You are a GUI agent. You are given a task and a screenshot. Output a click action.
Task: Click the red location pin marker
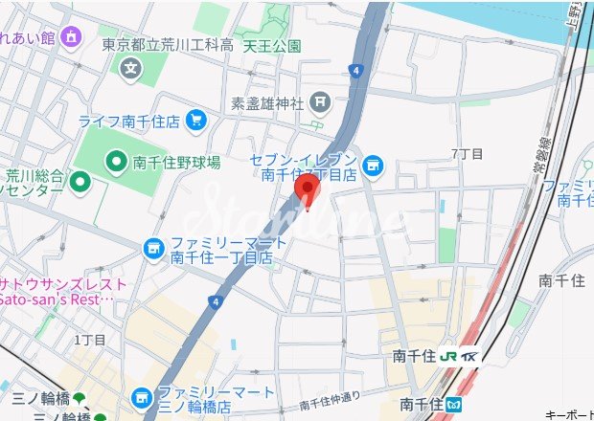(306, 189)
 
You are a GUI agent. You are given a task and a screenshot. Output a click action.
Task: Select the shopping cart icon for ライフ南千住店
(196, 120)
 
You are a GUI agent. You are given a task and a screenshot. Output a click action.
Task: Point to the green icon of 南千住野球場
(117, 162)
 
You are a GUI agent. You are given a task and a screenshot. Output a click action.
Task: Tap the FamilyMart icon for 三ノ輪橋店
(142, 394)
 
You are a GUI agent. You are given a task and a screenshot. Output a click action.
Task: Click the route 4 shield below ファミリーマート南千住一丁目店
(217, 301)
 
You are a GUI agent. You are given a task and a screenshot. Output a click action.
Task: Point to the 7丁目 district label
(467, 153)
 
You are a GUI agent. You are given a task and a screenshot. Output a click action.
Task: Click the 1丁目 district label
(90, 340)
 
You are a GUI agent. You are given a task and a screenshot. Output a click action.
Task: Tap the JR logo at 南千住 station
(454, 356)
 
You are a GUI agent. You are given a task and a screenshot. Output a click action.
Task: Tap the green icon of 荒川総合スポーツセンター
(80, 180)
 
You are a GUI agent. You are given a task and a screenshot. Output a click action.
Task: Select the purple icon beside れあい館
(71, 36)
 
